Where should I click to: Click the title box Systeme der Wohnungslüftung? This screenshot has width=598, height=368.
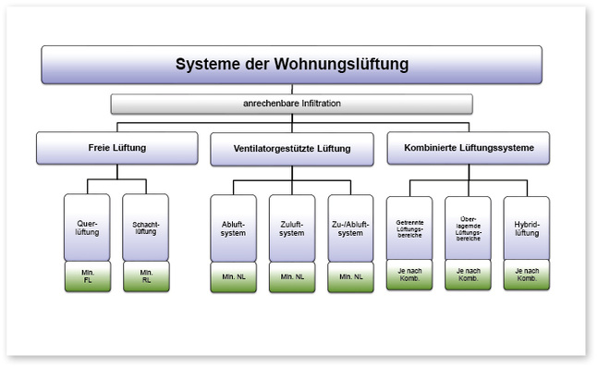(291, 65)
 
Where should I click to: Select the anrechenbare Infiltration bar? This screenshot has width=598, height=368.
(291, 104)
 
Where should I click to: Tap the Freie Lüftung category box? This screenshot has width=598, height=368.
(116, 148)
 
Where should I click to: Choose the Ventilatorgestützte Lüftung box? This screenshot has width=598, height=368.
(291, 149)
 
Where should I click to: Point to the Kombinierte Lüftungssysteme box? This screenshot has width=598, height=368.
(468, 148)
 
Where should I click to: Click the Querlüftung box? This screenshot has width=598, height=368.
(87, 227)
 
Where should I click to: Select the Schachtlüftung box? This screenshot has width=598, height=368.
(146, 227)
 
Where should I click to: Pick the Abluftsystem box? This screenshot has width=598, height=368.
(233, 227)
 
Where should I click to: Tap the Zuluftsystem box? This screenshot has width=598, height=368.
(292, 227)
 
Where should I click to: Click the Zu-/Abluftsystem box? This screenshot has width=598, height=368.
(351, 227)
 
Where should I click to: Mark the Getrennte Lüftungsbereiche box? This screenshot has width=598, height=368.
(409, 227)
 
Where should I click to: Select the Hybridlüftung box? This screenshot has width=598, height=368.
(527, 227)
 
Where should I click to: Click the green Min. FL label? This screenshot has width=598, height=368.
(87, 276)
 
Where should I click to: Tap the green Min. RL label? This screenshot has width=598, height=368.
(146, 276)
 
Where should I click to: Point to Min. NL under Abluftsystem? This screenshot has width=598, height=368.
(233, 276)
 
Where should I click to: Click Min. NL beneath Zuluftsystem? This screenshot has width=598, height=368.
(292, 276)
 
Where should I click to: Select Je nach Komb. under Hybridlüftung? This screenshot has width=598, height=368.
(527, 275)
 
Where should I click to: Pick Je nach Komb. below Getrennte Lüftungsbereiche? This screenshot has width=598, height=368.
(409, 275)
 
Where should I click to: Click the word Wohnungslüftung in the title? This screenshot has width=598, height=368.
(342, 65)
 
